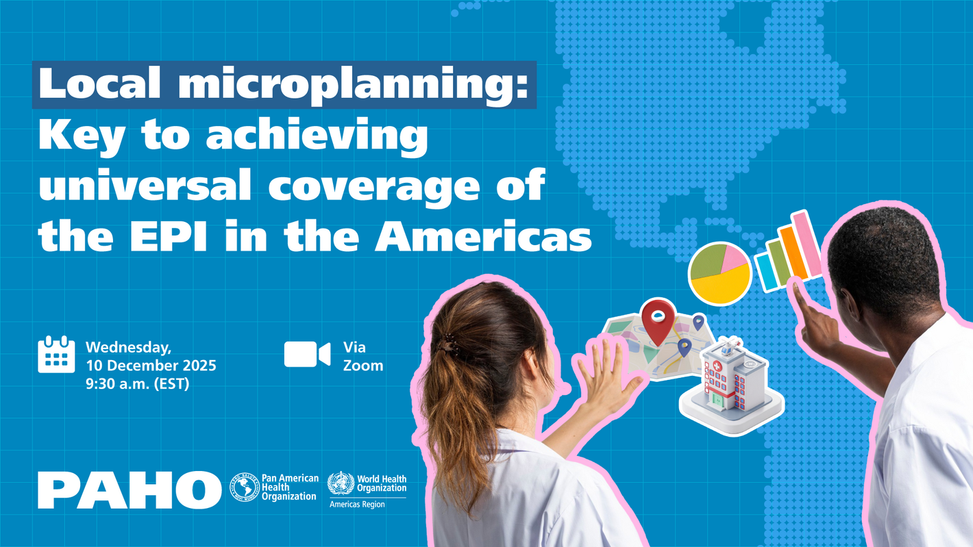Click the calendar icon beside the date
(x=56, y=354)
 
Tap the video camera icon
(x=307, y=354)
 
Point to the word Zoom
(x=363, y=366)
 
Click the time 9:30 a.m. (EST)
(x=137, y=384)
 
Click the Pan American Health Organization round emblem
(x=244, y=487)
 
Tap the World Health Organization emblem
(x=341, y=483)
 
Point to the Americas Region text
(x=357, y=505)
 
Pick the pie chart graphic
(x=719, y=273)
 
